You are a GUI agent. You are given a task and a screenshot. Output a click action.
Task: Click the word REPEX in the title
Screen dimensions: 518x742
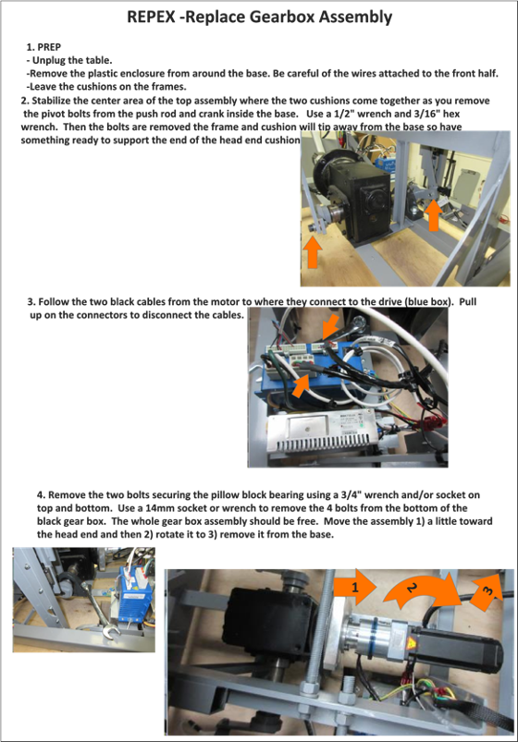click(152, 17)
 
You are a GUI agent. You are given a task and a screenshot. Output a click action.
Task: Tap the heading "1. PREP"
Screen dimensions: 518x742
click(43, 47)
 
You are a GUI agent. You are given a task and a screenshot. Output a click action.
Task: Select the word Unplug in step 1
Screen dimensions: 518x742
click(48, 60)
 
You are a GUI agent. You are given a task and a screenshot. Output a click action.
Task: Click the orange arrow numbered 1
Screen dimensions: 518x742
click(355, 588)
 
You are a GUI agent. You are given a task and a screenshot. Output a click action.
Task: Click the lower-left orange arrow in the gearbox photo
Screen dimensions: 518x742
click(312, 253)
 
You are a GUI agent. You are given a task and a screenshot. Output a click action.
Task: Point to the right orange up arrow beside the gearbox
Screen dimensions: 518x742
click(433, 216)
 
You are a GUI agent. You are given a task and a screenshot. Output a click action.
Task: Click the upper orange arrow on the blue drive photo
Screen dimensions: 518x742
click(331, 326)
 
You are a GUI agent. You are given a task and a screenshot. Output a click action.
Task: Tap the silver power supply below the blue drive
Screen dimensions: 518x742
click(323, 432)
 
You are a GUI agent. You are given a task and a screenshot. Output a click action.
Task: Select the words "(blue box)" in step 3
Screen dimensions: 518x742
click(427, 302)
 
